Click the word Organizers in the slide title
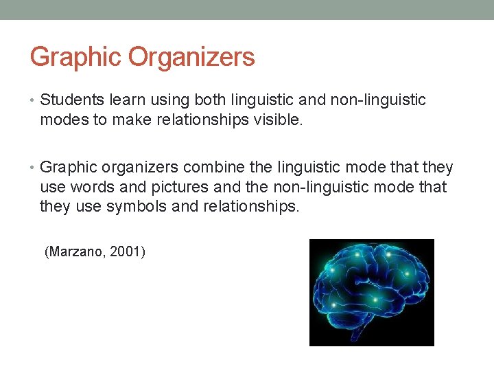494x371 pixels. click(x=191, y=57)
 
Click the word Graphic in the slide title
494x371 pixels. click(x=75, y=57)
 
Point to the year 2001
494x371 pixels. click(x=128, y=252)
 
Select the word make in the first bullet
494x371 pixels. click(x=128, y=120)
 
